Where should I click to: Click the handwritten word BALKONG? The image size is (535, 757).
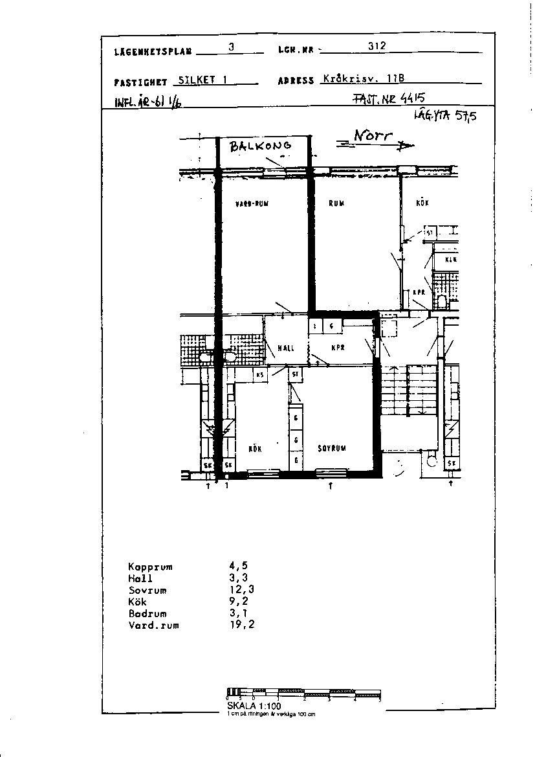point(261,146)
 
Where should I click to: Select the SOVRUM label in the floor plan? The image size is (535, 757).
point(332,448)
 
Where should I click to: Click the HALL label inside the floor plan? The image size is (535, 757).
point(285,348)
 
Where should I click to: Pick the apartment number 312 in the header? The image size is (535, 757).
point(377,47)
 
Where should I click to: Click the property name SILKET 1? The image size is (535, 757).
point(202,80)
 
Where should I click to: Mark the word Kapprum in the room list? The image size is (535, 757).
point(150,567)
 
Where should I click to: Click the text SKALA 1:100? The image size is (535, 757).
point(254,706)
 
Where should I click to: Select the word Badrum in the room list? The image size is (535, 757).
point(147,614)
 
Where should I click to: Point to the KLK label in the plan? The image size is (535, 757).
point(451,259)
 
